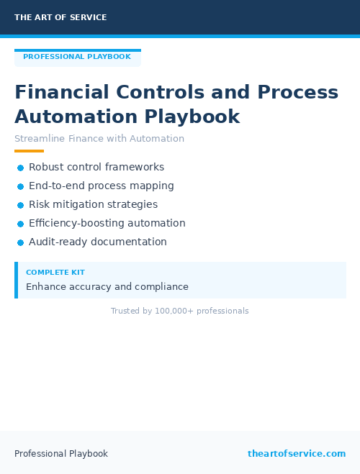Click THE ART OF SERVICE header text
click(x=60, y=17)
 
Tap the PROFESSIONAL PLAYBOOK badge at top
click(x=77, y=57)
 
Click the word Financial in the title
click(x=62, y=93)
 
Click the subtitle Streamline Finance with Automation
click(x=99, y=139)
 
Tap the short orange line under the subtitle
click(x=29, y=151)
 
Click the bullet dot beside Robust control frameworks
click(x=20, y=168)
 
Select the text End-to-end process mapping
click(x=102, y=186)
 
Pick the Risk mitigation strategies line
click(x=93, y=204)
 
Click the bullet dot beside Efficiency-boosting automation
click(x=20, y=224)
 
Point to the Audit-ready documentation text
click(x=98, y=242)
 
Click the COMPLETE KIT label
click(x=55, y=273)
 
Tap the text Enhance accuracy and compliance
click(x=107, y=287)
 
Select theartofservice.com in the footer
click(x=297, y=454)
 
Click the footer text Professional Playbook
click(x=61, y=454)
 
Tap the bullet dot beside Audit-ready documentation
click(x=20, y=242)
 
